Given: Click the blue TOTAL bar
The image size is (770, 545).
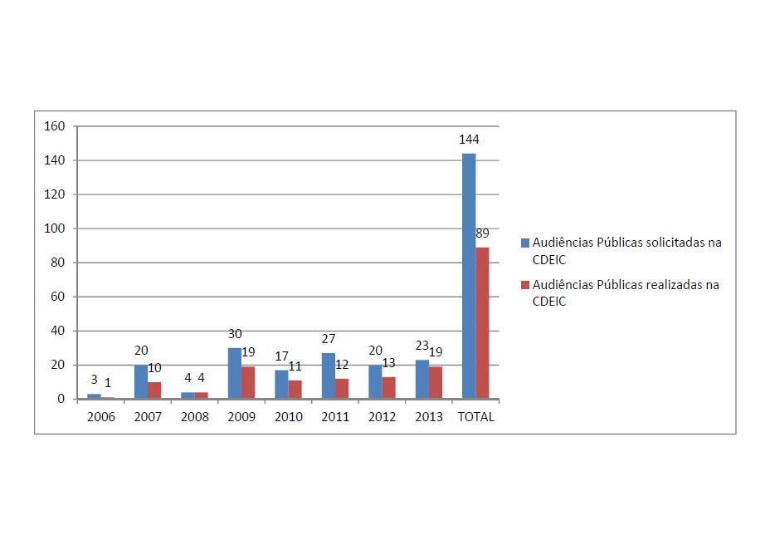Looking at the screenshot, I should [469, 276].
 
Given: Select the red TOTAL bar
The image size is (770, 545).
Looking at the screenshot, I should [482, 323].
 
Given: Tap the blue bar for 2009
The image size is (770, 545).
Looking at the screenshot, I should [235, 373].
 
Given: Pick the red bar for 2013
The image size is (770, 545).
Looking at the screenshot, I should [436, 383].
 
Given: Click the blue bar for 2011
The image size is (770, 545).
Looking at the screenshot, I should [329, 376].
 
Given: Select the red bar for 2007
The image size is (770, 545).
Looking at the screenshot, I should [154, 390].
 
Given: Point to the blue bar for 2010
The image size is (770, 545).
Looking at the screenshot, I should [281, 385].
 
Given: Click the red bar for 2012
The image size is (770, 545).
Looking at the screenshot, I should [389, 388].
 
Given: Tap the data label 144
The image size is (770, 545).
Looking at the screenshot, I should [470, 139].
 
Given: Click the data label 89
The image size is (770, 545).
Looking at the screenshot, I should [482, 233].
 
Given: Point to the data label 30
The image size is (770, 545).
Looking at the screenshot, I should [235, 334].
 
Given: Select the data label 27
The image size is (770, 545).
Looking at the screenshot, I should [329, 339].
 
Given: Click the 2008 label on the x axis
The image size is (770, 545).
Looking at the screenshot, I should [195, 417].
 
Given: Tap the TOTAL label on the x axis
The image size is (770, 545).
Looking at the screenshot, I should [476, 417].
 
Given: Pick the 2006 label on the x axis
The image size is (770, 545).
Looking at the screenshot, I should [101, 417].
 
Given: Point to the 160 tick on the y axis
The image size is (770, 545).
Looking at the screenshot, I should [54, 126].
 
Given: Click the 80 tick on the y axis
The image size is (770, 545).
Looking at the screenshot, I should [57, 263].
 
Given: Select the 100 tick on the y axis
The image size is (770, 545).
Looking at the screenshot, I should [54, 228].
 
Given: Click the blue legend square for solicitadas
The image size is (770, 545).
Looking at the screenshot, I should [524, 243].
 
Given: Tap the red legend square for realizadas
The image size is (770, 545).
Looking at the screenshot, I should [524, 285].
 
